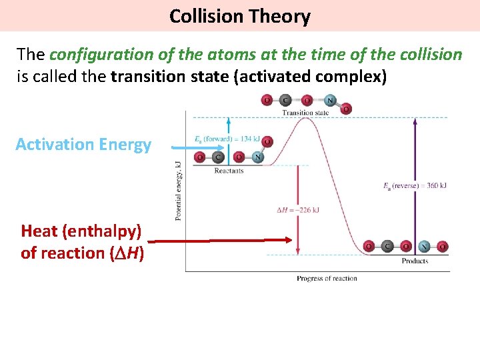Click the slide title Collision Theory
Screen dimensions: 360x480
pos(239,15)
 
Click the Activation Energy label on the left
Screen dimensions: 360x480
pos(83,145)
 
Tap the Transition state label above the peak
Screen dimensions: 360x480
pos(305,113)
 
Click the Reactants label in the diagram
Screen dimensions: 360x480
pos(229,171)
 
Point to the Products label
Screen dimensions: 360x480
pos(415,261)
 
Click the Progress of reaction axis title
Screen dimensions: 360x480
pos(327,279)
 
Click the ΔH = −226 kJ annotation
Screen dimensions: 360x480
pos(298,210)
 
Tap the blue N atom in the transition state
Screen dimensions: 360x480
pos(329,101)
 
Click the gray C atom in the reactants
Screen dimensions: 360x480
pos(217,158)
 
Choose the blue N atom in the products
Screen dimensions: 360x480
pos(424,247)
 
